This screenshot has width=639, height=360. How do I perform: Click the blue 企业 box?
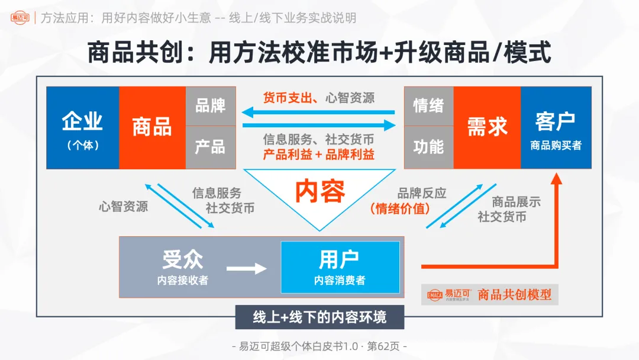[x=83, y=128]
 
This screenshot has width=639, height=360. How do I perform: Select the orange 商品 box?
[x=152, y=128]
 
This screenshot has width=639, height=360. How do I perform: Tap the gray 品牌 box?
[x=211, y=106]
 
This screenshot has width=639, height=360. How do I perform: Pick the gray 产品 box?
[x=211, y=147]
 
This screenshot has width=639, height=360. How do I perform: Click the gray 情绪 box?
[x=428, y=106]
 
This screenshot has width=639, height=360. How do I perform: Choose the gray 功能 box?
[x=428, y=147]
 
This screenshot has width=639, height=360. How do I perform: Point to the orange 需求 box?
[x=487, y=128]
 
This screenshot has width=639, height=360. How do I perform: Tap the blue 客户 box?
[x=556, y=128]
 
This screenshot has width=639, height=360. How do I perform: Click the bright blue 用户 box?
[x=340, y=267]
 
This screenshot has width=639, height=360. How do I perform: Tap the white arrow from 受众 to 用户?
[x=246, y=269]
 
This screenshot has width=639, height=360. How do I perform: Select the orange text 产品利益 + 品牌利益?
[x=318, y=155]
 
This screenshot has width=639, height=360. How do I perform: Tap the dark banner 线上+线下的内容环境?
[x=319, y=317]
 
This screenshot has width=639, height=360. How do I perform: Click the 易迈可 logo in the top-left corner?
[x=20, y=18]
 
